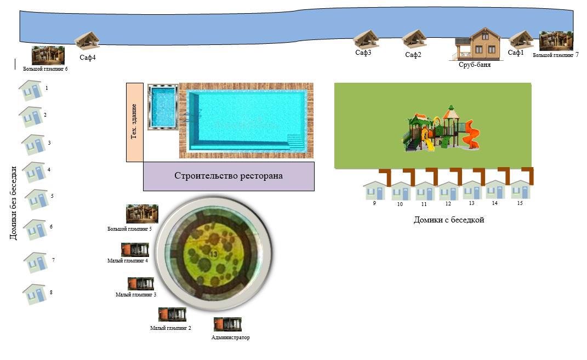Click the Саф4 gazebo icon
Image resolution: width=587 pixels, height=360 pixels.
[87, 41]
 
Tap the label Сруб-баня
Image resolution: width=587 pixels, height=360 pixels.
[474, 65]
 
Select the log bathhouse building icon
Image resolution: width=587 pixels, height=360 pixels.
[478, 44]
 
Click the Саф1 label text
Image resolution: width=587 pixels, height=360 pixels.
[516, 53]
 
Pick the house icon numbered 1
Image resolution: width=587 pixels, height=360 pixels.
[31, 90]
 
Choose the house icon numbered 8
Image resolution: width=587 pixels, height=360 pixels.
[35, 294]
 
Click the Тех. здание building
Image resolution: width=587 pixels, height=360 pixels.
[135, 122]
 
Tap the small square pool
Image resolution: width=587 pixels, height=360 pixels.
[163, 107]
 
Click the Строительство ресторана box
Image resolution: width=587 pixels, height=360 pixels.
[229, 176]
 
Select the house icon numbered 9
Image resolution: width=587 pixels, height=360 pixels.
[374, 191]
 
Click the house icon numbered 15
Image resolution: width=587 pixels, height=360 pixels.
[520, 190]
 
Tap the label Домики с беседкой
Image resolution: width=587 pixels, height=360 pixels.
[449, 220]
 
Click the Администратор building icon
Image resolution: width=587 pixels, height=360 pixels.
[227, 325]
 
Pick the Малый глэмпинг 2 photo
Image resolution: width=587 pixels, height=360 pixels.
[172, 315]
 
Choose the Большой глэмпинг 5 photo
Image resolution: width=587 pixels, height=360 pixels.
[142, 214]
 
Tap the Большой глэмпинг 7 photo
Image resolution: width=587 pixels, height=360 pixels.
[556, 41]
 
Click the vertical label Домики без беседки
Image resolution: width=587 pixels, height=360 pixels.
[14, 203]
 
